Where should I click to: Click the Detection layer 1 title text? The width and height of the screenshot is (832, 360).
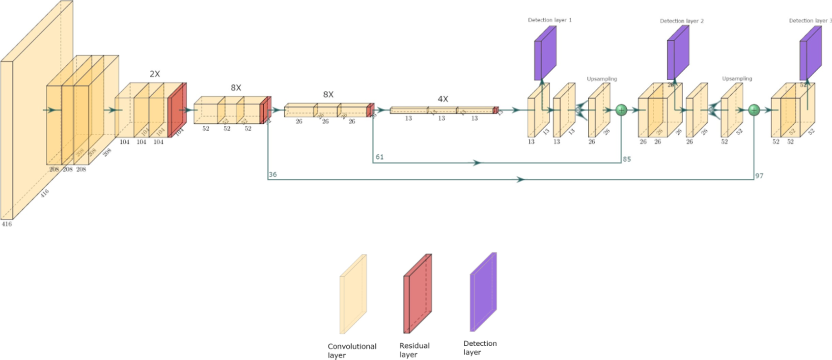pyautogui.click(x=550, y=20)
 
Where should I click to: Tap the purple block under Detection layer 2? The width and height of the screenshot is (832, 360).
pyautogui.click(x=678, y=53)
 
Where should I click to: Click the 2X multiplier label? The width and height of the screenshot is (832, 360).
pyautogui.click(x=155, y=74)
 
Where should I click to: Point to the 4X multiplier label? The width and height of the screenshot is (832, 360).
pyautogui.click(x=443, y=99)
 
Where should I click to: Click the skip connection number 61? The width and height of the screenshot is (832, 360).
pyautogui.click(x=380, y=157)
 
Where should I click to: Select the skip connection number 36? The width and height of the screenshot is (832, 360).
pyautogui.click(x=273, y=174)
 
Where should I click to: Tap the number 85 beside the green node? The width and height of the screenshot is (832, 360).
pyautogui.click(x=627, y=159)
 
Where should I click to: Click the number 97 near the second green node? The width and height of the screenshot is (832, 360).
pyautogui.click(x=759, y=176)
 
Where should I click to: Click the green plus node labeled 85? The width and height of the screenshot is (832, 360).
pyautogui.click(x=621, y=110)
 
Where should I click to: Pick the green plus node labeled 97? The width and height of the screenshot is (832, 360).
pyautogui.click(x=754, y=110)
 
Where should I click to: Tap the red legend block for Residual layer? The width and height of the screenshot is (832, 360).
pyautogui.click(x=417, y=294)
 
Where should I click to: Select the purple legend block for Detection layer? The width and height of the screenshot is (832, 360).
pyautogui.click(x=483, y=292)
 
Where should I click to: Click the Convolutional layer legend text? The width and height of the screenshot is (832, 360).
pyautogui.click(x=351, y=350)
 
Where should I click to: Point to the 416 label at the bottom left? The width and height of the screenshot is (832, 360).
pyautogui.click(x=6, y=224)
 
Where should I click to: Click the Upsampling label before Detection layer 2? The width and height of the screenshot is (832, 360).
pyautogui.click(x=602, y=79)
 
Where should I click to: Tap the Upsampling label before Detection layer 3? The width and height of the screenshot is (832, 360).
pyautogui.click(x=737, y=79)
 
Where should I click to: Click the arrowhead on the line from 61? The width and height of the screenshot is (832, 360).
pyautogui.click(x=477, y=163)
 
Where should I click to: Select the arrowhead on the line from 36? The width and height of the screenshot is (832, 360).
pyautogui.click(x=521, y=180)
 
